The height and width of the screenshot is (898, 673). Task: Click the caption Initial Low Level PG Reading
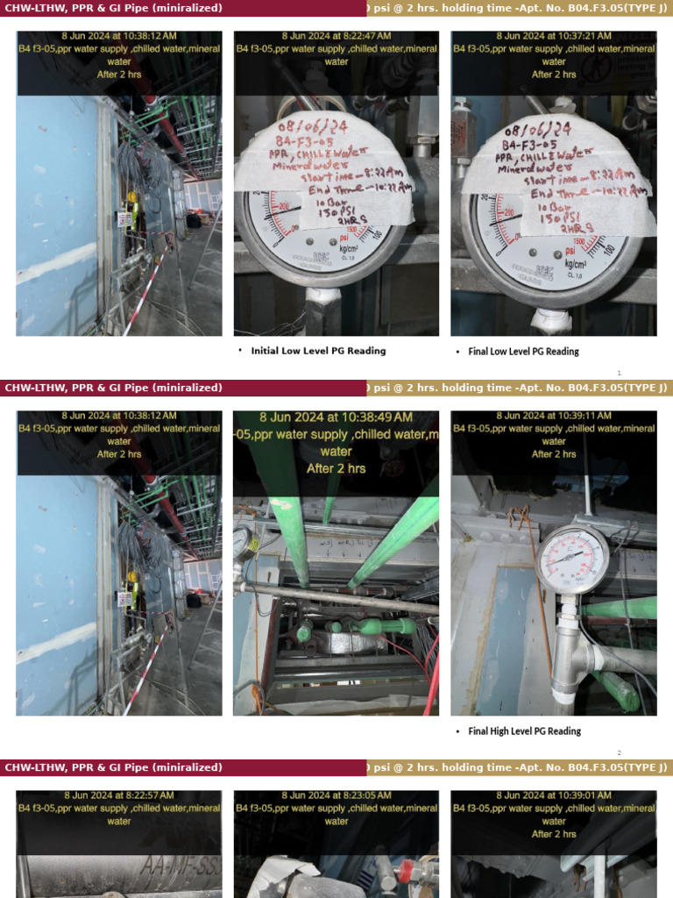(318, 351)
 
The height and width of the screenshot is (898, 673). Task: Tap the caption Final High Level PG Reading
(524, 731)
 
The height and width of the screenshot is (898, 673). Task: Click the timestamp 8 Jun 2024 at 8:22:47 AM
(336, 36)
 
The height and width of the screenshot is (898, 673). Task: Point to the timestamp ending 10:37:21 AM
(554, 36)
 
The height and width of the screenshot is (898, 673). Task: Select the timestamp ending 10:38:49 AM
(336, 417)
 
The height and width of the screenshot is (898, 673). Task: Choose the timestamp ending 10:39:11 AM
(554, 416)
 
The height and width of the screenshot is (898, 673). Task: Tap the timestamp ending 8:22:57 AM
(119, 795)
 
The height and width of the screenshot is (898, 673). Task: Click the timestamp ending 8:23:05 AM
(336, 795)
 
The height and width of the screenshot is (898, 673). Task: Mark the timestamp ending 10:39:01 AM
(554, 795)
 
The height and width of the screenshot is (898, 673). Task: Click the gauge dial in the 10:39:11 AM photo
(571, 559)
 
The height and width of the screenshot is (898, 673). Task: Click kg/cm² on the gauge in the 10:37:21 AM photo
(576, 262)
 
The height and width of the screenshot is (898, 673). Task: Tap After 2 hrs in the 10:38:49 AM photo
(336, 468)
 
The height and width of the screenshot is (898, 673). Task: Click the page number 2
(619, 752)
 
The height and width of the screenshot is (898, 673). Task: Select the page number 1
(619, 373)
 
